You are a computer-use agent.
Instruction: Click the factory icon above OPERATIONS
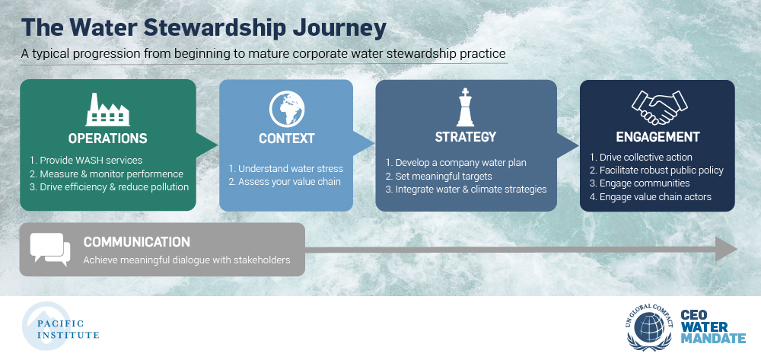click(x=108, y=110)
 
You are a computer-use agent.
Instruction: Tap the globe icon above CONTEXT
click(x=287, y=107)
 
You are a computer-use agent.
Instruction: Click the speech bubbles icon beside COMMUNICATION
click(x=50, y=250)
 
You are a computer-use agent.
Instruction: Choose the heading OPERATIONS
click(x=108, y=139)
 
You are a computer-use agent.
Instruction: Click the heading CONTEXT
click(x=287, y=139)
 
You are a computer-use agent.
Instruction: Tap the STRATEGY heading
click(x=466, y=137)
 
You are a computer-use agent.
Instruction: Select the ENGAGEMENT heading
click(x=658, y=137)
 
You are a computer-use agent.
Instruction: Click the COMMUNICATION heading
click(x=136, y=241)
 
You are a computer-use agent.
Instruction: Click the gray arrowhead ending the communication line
click(x=727, y=250)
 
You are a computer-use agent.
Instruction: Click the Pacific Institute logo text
click(x=68, y=330)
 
